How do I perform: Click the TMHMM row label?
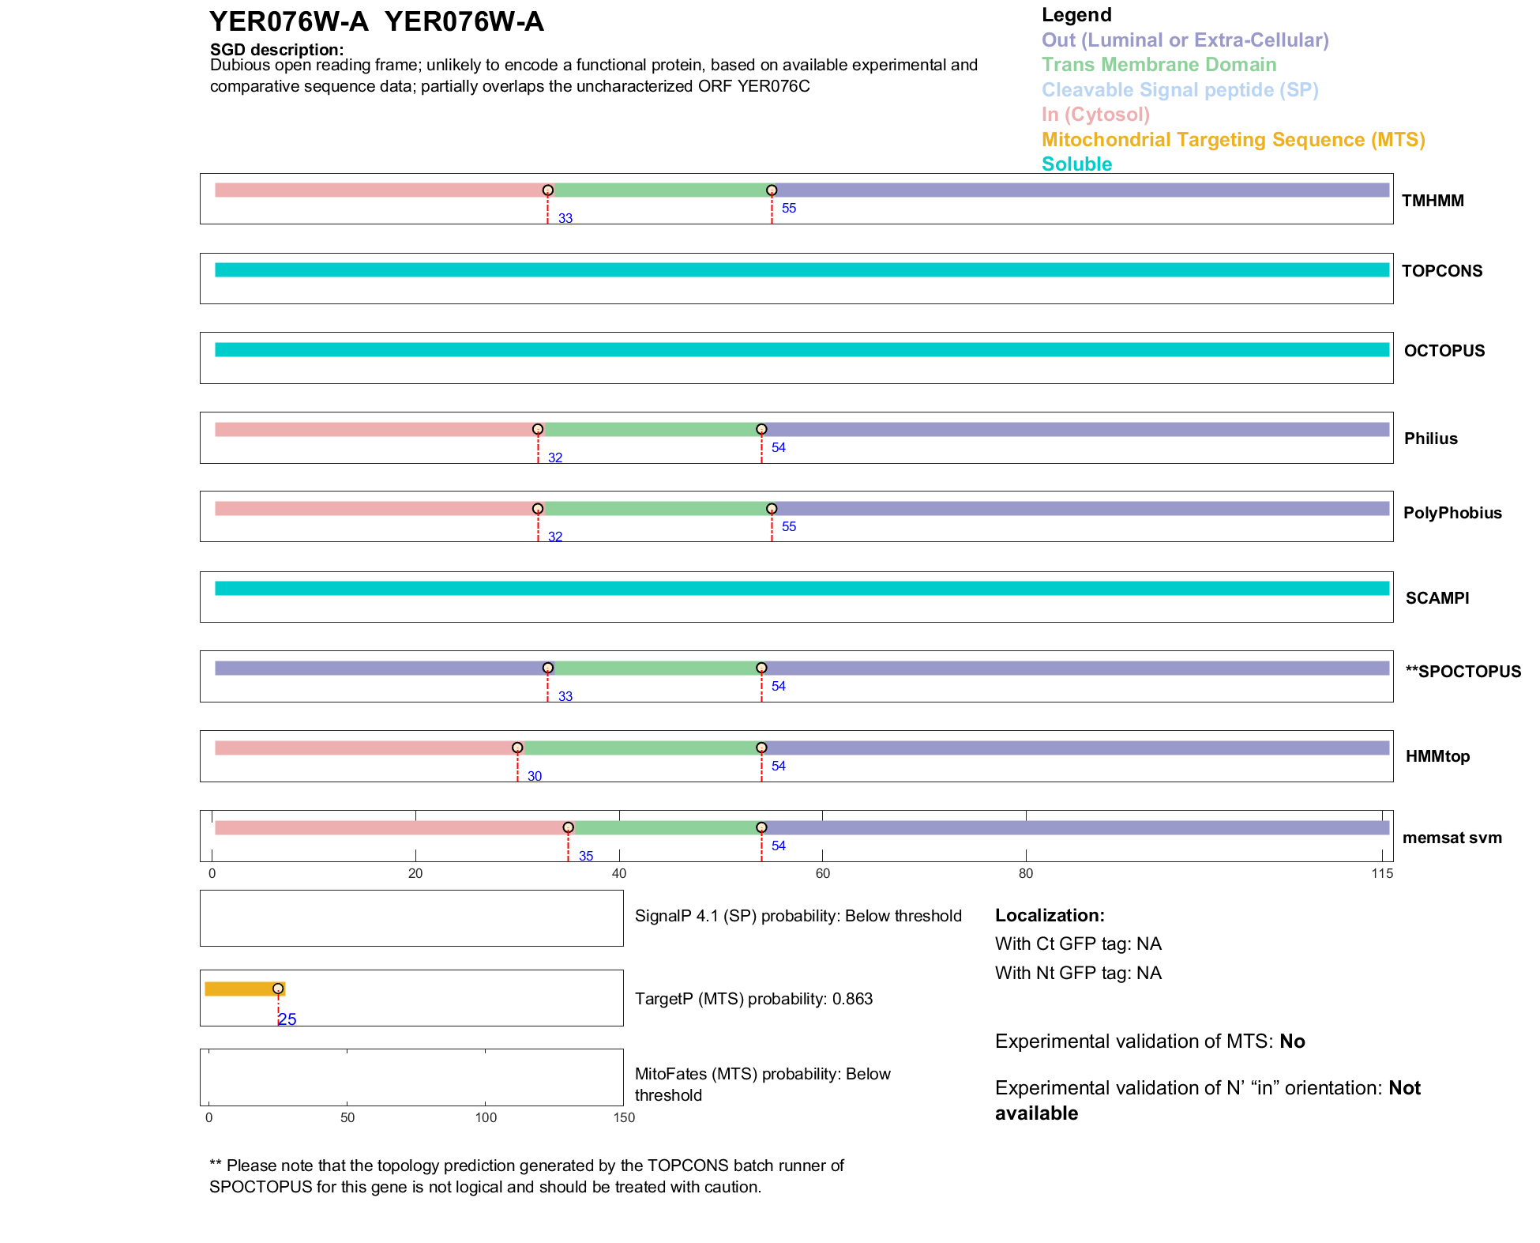click(1432, 201)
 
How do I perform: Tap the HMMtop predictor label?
click(1437, 756)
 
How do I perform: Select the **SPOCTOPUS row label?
click(1463, 672)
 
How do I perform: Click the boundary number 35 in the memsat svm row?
click(585, 856)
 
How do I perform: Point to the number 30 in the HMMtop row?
click(534, 776)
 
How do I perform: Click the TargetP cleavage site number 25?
click(287, 1019)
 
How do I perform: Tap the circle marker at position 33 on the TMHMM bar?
click(547, 190)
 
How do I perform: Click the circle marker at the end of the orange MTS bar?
click(278, 989)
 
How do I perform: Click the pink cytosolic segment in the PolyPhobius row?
click(375, 509)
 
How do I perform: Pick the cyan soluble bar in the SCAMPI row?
click(802, 589)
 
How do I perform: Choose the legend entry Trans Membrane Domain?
click(1159, 65)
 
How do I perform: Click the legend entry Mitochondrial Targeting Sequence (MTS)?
click(1233, 140)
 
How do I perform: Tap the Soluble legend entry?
click(1076, 164)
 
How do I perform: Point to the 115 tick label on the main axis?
click(1382, 873)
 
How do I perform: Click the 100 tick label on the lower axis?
click(486, 1117)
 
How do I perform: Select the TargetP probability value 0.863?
click(852, 999)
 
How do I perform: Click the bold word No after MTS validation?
click(1292, 1041)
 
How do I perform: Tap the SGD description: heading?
click(276, 50)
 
